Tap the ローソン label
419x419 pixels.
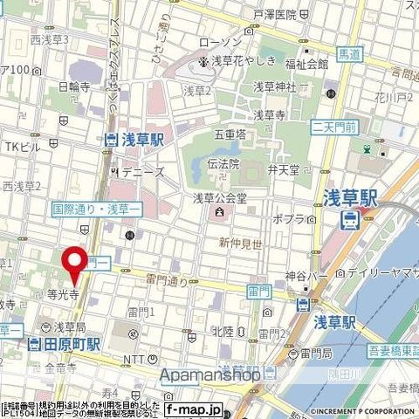(238, 43)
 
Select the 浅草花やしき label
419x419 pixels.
(241, 61)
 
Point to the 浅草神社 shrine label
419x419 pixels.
(275, 87)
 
